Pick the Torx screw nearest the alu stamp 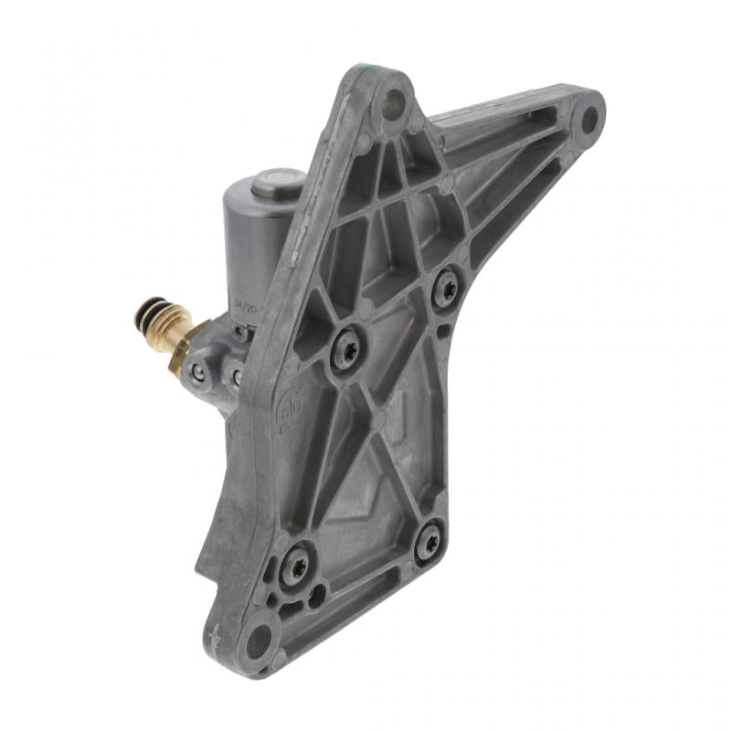[x=346, y=350]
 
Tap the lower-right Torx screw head [x=428, y=542]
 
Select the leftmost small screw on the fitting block [x=197, y=371]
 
